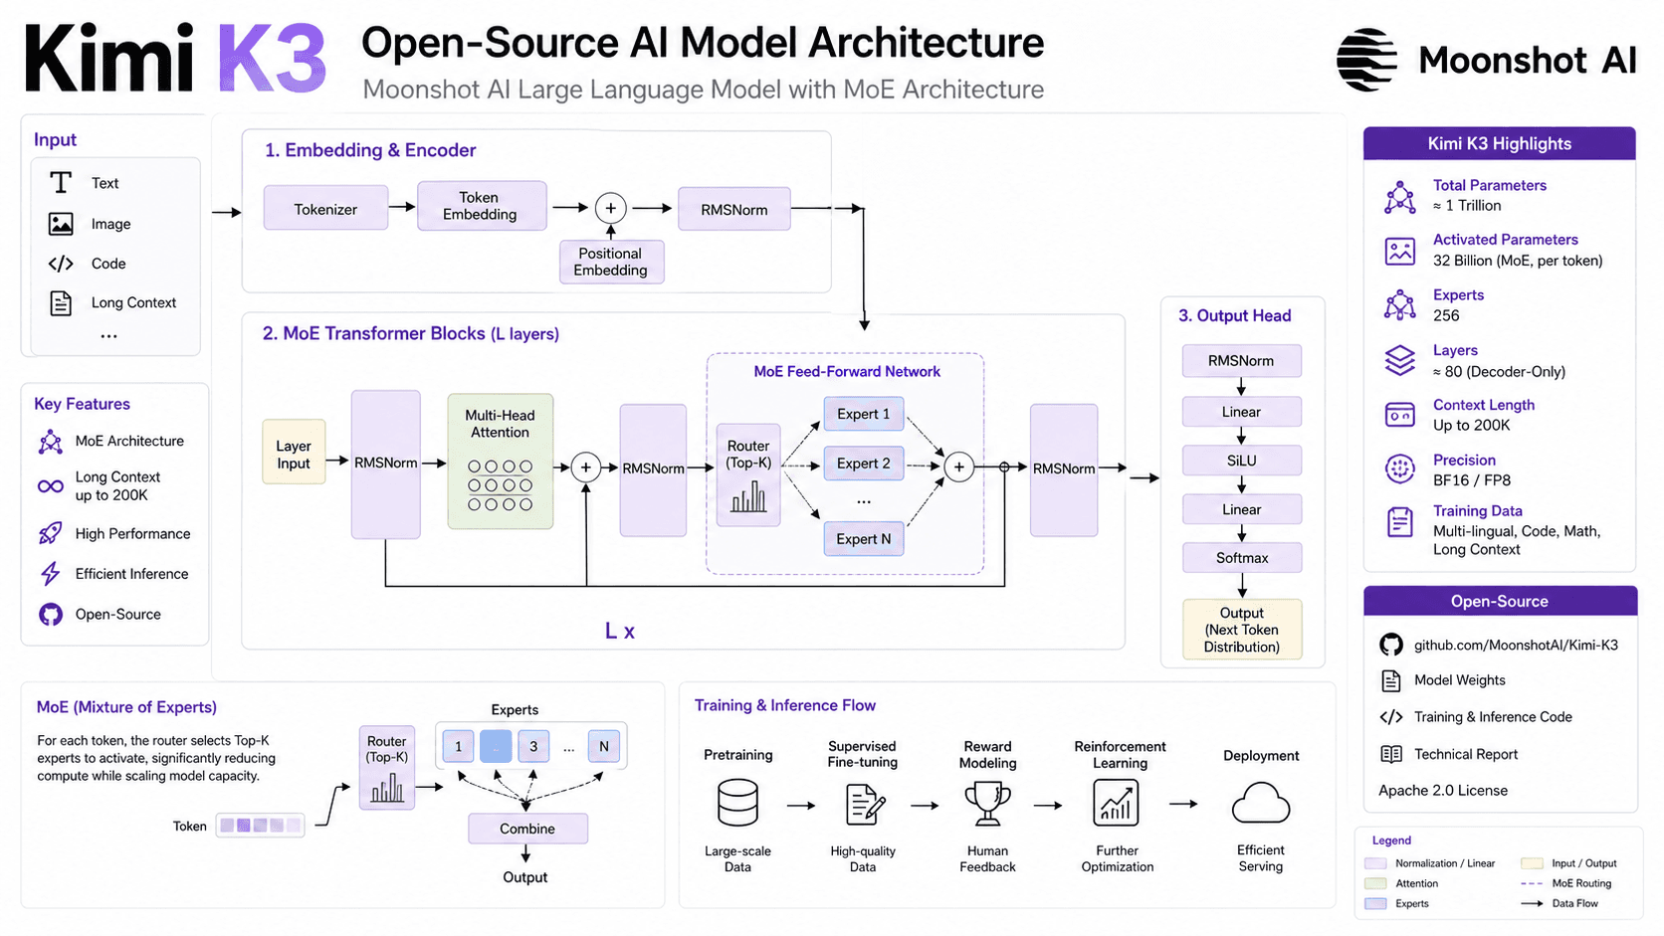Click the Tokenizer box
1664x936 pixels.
[x=325, y=209]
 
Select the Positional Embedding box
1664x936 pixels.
[x=611, y=262]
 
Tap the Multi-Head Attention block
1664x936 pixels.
[x=500, y=461]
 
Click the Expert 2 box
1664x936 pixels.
[x=863, y=464]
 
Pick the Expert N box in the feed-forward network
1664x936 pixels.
[x=863, y=539]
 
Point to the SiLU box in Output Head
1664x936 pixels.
[x=1241, y=461]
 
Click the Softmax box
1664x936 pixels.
[x=1241, y=557]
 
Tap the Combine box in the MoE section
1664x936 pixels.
[x=527, y=829]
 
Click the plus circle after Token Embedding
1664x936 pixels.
[x=611, y=209]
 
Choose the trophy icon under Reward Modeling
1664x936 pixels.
[x=987, y=805]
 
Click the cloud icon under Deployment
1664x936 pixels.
[x=1261, y=804]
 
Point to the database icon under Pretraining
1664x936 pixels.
[x=737, y=803]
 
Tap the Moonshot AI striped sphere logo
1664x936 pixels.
[x=1366, y=60]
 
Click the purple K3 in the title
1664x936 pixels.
[x=272, y=59]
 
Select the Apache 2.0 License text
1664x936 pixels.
[x=1443, y=791]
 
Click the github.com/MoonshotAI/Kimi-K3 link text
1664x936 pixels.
[x=1516, y=645]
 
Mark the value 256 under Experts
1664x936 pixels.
[x=1446, y=315]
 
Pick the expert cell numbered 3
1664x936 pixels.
[x=533, y=746]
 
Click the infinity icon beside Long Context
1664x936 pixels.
[x=51, y=486]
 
